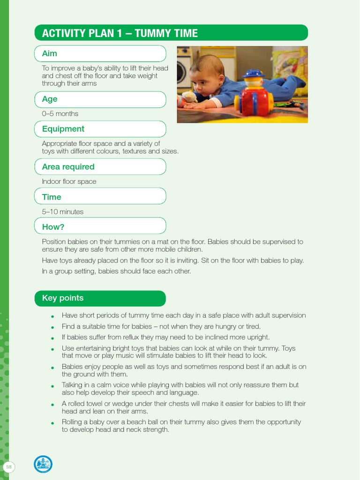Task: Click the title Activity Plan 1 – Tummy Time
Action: [x=120, y=33]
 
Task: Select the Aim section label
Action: [x=50, y=54]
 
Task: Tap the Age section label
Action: [x=50, y=99]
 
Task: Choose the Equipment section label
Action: [x=63, y=129]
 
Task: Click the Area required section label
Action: [x=68, y=167]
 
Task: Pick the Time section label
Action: [x=52, y=197]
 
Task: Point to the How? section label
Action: [x=53, y=227]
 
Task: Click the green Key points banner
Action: [x=63, y=298]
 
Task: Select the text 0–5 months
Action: [x=60, y=114]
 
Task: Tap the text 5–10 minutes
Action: [x=63, y=212]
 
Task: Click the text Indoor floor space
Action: [x=69, y=182]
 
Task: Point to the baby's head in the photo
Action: [x=207, y=75]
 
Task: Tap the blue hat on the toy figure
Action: [x=254, y=74]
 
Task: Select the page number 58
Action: [x=8, y=467]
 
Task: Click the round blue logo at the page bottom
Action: [x=43, y=465]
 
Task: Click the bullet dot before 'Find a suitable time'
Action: [x=53, y=327]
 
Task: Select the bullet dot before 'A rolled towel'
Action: [x=53, y=405]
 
